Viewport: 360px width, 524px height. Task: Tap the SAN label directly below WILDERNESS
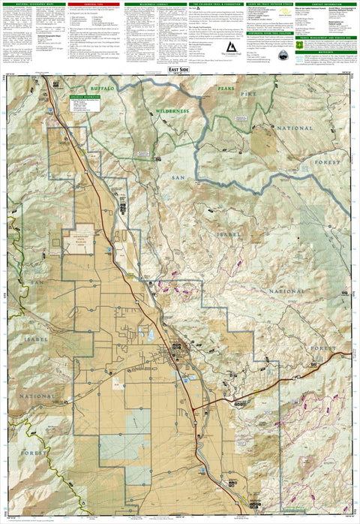(178, 176)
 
